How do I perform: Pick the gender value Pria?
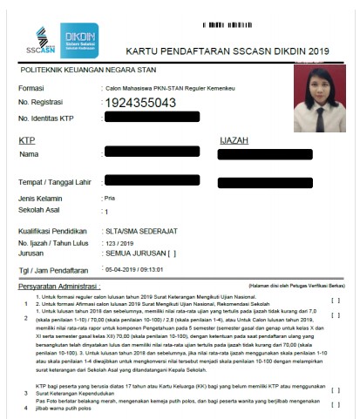coord(110,198)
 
